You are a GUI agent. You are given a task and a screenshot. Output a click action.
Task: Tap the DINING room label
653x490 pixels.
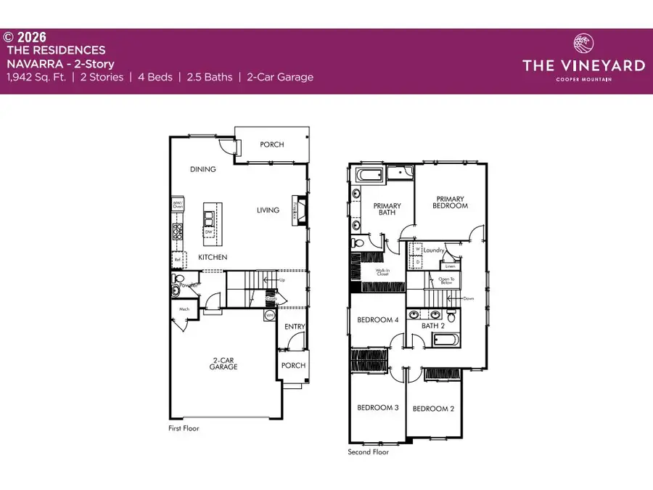(203, 170)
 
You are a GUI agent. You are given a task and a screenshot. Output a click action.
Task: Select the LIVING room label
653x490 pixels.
(268, 211)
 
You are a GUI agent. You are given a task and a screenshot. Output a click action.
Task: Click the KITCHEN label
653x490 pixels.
(213, 258)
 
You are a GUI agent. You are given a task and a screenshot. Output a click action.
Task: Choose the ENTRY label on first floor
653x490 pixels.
(295, 327)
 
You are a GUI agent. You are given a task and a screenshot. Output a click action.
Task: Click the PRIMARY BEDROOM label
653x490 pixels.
(451, 201)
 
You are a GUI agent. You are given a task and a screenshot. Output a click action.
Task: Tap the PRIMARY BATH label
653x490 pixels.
(387, 210)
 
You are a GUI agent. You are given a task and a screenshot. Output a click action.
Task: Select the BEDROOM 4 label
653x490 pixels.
(377, 320)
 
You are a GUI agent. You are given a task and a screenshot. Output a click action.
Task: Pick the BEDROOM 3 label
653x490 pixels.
(377, 408)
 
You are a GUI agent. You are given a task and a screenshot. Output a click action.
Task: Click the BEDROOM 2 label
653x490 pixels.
(433, 409)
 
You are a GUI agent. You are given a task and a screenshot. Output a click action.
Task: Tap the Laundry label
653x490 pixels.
(435, 251)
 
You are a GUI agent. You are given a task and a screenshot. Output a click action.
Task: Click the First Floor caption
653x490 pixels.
(183, 428)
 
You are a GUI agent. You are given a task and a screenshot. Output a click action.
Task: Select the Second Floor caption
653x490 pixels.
(369, 452)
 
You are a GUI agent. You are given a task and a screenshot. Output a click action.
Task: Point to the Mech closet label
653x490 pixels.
(185, 309)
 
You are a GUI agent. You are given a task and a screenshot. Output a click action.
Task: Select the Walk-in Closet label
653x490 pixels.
(382, 272)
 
